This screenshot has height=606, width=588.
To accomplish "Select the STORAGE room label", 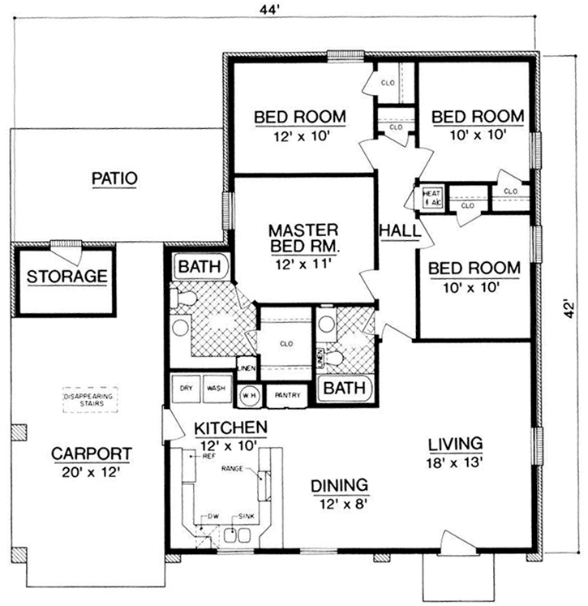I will (67, 277).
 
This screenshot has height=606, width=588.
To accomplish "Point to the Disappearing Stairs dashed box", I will (89, 401).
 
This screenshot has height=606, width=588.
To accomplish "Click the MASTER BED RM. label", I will (304, 236).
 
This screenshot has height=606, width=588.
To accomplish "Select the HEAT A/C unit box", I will (430, 199).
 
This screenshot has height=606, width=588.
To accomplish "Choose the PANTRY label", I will (288, 395).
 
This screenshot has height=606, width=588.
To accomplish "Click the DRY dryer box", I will (186, 389).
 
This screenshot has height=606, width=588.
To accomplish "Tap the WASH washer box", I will (215, 389).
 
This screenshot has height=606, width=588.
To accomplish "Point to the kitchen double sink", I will (236, 535).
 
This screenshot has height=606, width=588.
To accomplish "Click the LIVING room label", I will (455, 444).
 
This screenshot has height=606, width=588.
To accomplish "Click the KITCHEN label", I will (230, 428).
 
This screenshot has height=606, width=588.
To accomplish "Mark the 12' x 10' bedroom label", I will (300, 137).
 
